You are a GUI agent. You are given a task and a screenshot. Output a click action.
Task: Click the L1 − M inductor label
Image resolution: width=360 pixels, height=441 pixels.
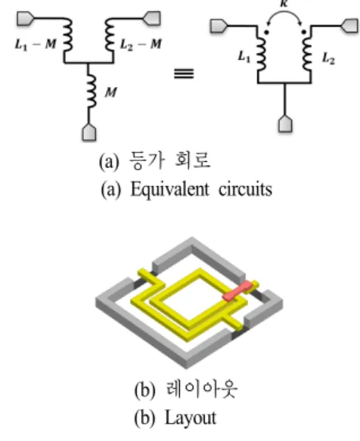pyautogui.click(x=36, y=44)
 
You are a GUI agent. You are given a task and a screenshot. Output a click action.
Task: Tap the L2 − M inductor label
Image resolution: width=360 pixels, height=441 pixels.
pyautogui.click(x=141, y=44)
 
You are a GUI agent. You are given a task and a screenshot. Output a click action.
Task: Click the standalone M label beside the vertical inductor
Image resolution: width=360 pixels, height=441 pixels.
pyautogui.click(x=111, y=92)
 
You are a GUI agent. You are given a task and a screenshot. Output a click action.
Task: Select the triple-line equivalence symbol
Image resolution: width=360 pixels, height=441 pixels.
pyautogui.click(x=184, y=73)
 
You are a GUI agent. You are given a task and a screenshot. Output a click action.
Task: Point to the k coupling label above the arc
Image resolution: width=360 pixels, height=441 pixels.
pyautogui.click(x=284, y=3)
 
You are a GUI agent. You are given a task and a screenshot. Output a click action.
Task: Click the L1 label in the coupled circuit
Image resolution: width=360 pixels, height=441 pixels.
pyautogui.click(x=244, y=57)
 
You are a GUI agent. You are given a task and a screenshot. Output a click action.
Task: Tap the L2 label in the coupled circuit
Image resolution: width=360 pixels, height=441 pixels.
pyautogui.click(x=328, y=58)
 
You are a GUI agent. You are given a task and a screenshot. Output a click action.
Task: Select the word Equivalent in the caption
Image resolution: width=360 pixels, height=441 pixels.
pyautogui.click(x=170, y=189)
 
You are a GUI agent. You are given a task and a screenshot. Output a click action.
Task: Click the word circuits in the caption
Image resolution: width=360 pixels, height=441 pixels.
pyautogui.click(x=246, y=189)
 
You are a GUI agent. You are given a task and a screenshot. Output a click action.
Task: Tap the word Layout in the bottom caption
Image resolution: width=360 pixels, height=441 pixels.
pyautogui.click(x=191, y=418)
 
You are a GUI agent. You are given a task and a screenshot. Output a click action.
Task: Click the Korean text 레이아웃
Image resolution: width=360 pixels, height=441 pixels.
pyautogui.click(x=202, y=389)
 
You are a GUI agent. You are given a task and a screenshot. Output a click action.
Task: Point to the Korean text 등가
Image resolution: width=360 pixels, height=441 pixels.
pyautogui.click(x=147, y=160)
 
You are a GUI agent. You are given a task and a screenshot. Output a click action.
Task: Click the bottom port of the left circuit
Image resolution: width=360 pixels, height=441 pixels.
pyautogui.click(x=89, y=132)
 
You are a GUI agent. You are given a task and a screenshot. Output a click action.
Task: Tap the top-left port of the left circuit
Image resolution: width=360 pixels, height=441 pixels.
pyautogui.click(x=25, y=19)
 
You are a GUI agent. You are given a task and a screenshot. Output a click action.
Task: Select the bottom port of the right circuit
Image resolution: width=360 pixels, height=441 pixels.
pyautogui.click(x=285, y=124)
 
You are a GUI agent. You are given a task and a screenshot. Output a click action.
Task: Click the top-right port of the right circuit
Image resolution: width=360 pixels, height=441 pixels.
pyautogui.click(x=350, y=26)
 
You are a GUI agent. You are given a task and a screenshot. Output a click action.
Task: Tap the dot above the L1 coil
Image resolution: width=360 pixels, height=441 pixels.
pyautogui.click(x=266, y=33)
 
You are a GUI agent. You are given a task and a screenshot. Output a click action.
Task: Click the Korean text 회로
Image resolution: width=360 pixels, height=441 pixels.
pyautogui.click(x=192, y=160)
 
